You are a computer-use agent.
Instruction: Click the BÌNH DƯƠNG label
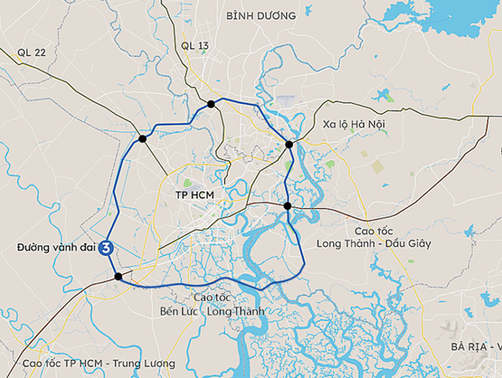point(261,16)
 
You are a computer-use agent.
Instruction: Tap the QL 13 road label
point(194,45)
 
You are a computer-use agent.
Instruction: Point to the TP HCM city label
point(195,194)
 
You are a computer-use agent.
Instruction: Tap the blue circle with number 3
point(106,248)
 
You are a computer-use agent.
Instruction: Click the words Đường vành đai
point(55,248)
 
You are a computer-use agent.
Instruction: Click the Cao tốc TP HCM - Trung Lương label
point(99,364)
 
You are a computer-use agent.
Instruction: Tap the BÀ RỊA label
point(469,346)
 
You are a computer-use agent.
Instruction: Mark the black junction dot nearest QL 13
point(211,105)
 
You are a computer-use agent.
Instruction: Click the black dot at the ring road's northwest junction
point(143,139)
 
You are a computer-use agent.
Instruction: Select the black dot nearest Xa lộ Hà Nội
point(289,145)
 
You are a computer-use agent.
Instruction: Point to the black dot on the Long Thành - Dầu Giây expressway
point(287,206)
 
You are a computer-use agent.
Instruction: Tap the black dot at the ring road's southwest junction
point(119,276)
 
